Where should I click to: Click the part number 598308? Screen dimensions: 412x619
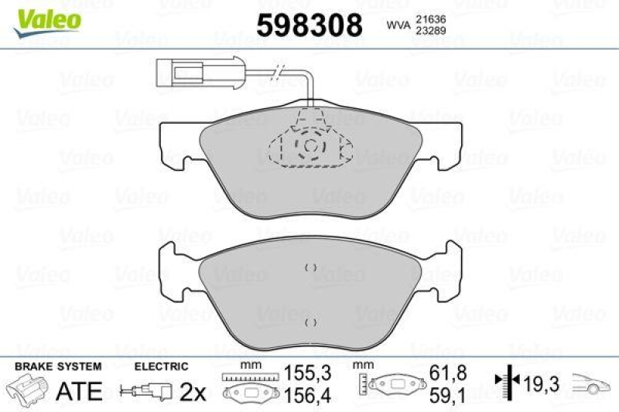[x=309, y=26]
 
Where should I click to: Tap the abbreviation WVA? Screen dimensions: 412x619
[x=398, y=26]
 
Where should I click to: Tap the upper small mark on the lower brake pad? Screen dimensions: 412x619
[x=310, y=267]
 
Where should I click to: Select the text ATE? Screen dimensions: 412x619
[x=79, y=391]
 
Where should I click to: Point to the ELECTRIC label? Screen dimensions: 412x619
[x=161, y=366]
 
